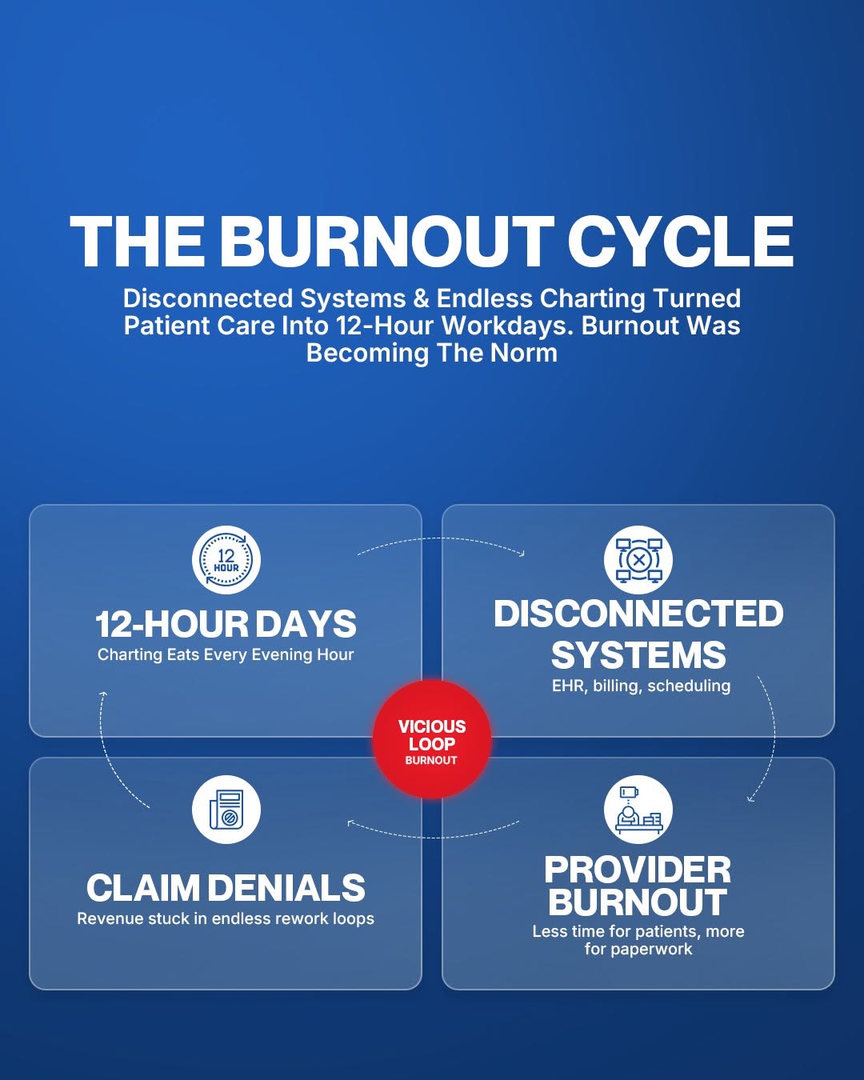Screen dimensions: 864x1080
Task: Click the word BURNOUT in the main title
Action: tap(387, 242)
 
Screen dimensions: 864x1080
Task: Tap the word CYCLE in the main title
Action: tap(681, 242)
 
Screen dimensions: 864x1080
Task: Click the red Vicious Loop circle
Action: tap(432, 739)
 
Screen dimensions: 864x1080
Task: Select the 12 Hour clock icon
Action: tap(226, 560)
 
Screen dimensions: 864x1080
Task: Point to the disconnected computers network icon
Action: tap(638, 560)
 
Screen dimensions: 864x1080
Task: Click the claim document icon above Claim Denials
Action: tap(226, 810)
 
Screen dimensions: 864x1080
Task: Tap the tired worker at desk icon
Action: tap(638, 810)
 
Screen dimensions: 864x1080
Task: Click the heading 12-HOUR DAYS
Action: tap(226, 624)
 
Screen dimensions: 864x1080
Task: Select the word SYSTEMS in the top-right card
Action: tap(638, 655)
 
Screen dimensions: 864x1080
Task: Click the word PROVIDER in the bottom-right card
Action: tap(638, 870)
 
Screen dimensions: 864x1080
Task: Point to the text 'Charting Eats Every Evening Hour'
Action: tap(226, 654)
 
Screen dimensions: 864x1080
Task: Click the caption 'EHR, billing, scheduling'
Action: tap(641, 686)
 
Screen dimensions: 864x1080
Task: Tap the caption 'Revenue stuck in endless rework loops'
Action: tap(226, 918)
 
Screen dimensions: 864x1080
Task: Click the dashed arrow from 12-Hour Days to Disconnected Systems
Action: tap(442, 538)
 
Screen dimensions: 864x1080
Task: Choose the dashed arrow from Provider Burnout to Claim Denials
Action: tap(433, 837)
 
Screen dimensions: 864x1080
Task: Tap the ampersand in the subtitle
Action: tap(422, 298)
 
